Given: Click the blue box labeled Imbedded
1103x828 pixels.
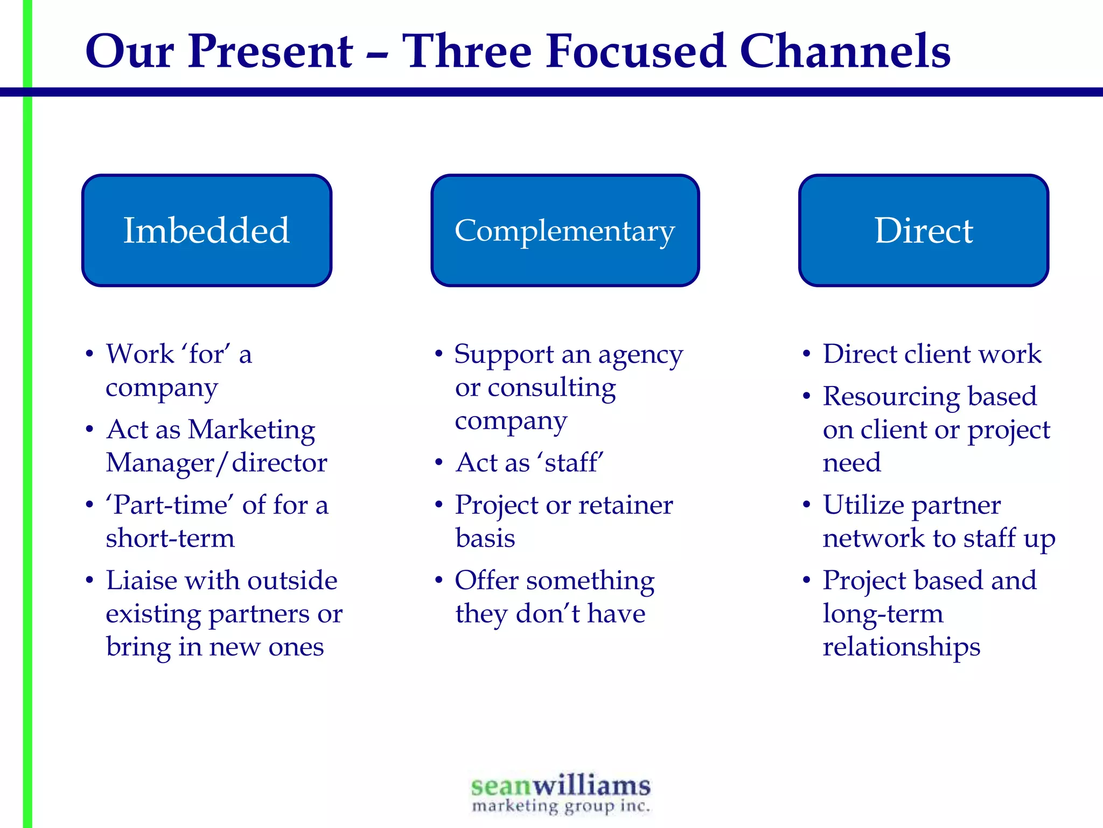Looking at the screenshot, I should tap(207, 230).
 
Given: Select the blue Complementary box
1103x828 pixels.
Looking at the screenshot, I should tap(565, 230).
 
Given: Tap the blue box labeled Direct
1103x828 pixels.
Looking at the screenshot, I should tap(924, 230).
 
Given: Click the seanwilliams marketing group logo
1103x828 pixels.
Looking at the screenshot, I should tap(561, 793).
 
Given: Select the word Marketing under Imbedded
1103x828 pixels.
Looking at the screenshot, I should tap(252, 430).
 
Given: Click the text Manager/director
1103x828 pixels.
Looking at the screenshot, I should tap(217, 463).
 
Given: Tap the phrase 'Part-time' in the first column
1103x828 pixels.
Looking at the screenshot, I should tap(170, 506).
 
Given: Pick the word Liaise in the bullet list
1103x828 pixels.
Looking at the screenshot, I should tap(141, 581).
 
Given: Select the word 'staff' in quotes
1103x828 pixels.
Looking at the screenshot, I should tap(574, 463).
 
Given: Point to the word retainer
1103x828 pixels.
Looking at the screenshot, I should tap(625, 506).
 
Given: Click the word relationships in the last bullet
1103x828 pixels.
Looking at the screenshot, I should tap(901, 647).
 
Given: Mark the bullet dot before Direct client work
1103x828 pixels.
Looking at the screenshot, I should tap(806, 354).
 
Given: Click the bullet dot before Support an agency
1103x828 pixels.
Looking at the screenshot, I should tap(439, 354).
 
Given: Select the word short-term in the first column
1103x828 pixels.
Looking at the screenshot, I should tap(170, 539).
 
